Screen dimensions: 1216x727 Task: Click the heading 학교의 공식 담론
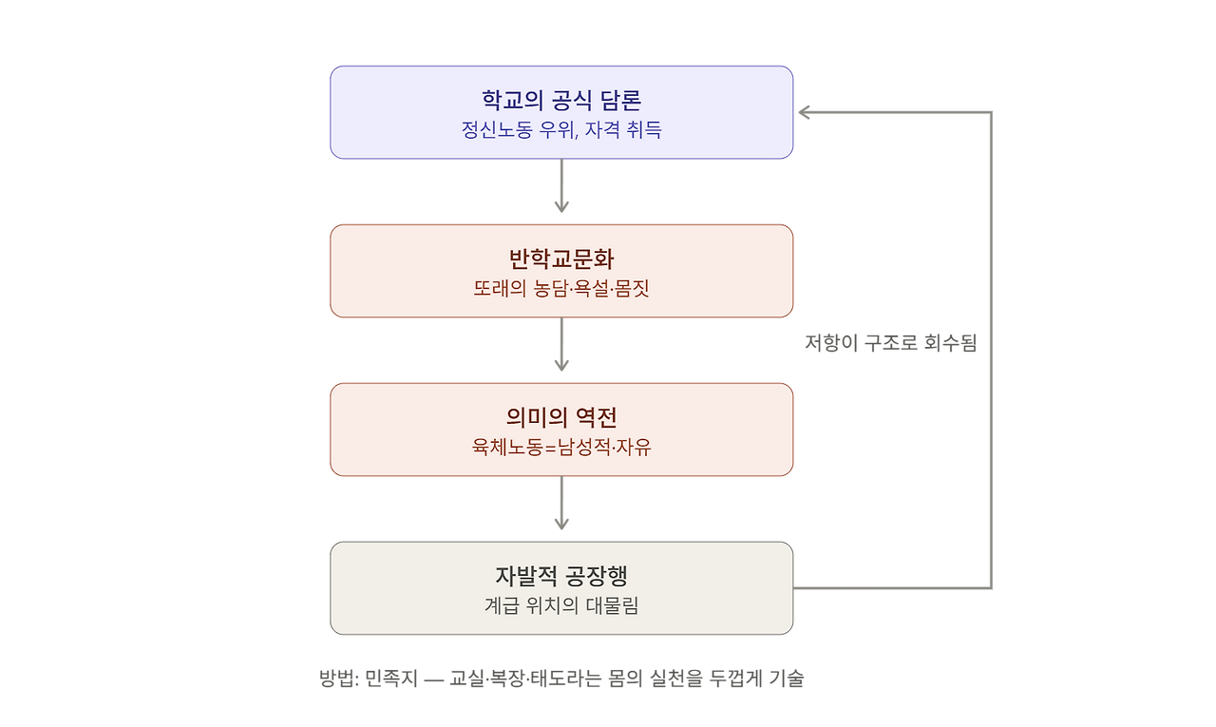(x=561, y=100)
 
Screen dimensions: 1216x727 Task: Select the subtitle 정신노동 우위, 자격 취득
(x=561, y=130)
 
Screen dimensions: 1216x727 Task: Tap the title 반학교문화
(x=561, y=258)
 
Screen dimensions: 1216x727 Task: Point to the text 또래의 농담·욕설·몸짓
(x=561, y=288)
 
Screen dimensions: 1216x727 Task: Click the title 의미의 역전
(x=561, y=417)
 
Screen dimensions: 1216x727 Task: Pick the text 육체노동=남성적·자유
(x=561, y=447)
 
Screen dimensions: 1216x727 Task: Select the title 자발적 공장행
(x=561, y=576)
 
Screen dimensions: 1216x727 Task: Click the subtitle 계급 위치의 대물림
(x=561, y=605)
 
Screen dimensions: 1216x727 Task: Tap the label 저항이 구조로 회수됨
(x=890, y=343)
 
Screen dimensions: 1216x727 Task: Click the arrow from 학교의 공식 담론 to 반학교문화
(x=561, y=185)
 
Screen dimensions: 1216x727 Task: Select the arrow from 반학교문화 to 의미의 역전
(x=561, y=344)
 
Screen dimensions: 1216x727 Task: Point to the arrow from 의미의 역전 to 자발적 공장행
(x=561, y=503)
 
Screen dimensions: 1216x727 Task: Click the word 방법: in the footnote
(x=339, y=679)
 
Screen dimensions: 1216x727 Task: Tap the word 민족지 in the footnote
(x=390, y=679)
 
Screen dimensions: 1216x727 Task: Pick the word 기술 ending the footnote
(x=787, y=679)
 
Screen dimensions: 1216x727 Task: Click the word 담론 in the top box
(x=620, y=100)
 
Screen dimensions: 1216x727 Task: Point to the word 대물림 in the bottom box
(x=613, y=605)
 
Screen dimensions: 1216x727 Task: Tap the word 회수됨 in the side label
(x=951, y=343)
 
